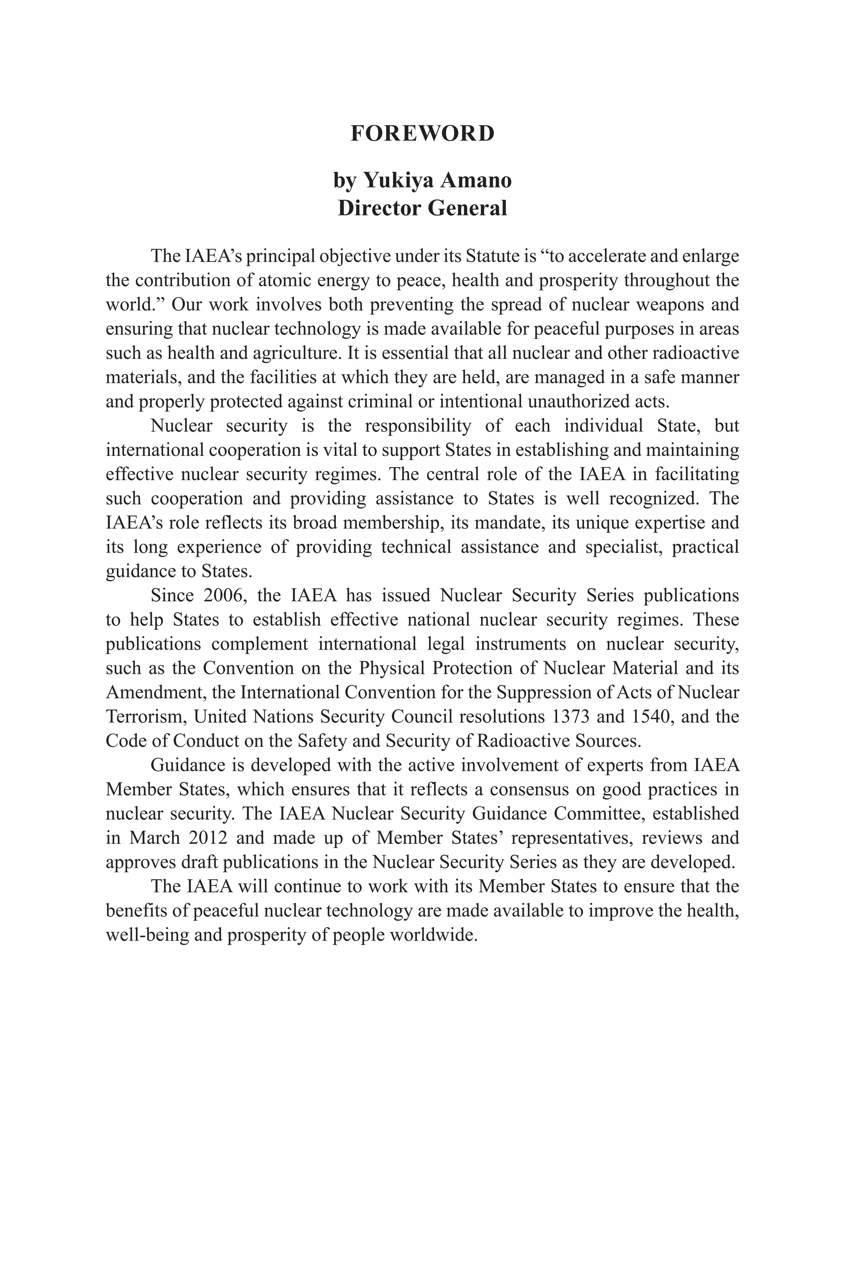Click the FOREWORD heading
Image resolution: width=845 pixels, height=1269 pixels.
click(422, 133)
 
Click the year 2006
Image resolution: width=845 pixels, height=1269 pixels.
click(225, 595)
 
